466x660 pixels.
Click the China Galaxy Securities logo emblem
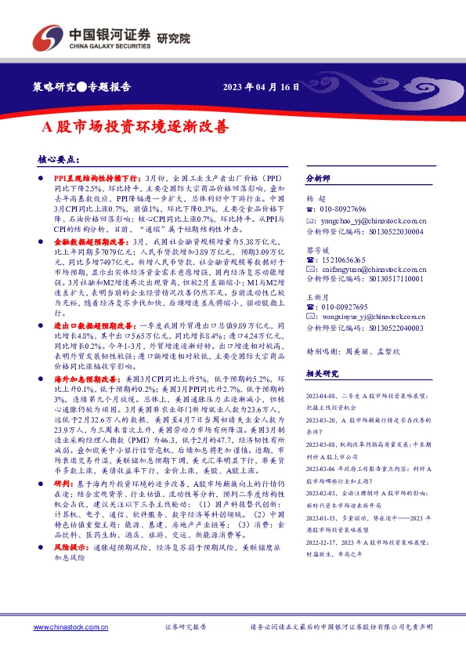[46, 36]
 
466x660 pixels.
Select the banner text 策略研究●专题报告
[87, 87]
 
